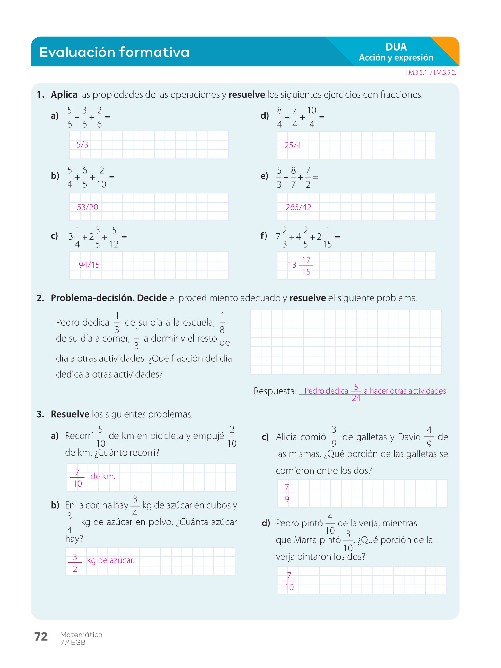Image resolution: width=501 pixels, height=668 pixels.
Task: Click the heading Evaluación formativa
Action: click(114, 52)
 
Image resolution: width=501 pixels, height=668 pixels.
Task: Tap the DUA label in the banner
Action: click(396, 47)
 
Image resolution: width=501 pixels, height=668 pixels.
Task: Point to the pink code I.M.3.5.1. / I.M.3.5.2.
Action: click(431, 73)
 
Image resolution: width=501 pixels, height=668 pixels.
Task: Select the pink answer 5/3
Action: click(82, 145)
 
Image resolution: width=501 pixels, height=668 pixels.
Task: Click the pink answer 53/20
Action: click(87, 207)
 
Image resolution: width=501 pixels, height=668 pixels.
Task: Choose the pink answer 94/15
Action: click(89, 265)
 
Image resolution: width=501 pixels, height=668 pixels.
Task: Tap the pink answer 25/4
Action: click(293, 145)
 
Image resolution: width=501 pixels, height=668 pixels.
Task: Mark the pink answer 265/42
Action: click(298, 207)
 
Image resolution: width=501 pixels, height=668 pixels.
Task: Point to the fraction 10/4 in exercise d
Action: click(311, 117)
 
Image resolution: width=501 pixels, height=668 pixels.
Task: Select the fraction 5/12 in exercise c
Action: click(114, 237)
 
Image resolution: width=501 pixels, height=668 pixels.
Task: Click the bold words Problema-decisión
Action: click(92, 298)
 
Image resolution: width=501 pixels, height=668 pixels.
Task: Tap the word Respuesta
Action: click(275, 391)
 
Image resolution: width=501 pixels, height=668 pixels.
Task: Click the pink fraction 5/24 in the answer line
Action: click(356, 392)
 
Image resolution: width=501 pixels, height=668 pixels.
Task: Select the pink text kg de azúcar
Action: click(111, 560)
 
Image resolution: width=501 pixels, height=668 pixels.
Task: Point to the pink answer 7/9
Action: click(287, 493)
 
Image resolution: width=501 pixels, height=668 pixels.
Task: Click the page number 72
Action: click(41, 637)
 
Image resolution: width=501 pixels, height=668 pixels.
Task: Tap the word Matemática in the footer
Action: click(81, 635)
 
